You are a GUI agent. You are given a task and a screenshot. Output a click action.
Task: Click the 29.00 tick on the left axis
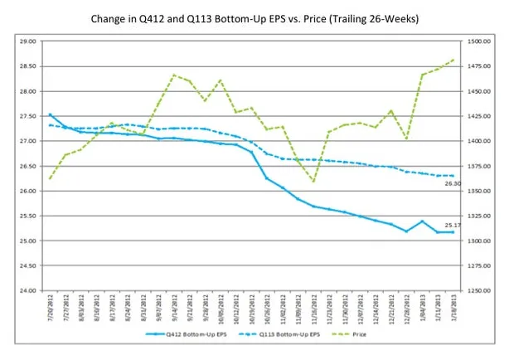pos(27,41)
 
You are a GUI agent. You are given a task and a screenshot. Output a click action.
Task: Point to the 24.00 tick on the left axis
pos(27,291)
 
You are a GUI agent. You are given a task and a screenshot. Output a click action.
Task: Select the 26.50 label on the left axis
pos(27,166)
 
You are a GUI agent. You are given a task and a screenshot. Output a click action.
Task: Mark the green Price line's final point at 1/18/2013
pos(453,60)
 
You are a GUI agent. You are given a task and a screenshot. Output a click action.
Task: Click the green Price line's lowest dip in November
pos(313,181)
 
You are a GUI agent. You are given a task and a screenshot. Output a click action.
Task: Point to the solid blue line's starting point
pos(51,114)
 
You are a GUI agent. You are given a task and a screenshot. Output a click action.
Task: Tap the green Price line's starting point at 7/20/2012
pos(51,178)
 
